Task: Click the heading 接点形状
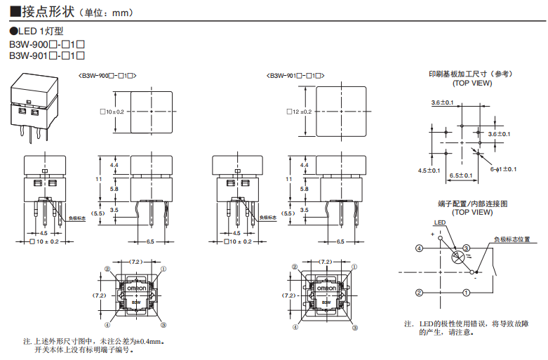(x=47, y=12)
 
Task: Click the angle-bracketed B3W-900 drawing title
(x=107, y=75)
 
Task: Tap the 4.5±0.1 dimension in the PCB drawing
(x=429, y=170)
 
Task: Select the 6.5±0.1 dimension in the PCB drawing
(x=460, y=175)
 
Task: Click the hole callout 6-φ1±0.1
(x=503, y=169)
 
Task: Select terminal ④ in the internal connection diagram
(x=419, y=248)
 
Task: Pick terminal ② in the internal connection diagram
(x=419, y=292)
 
